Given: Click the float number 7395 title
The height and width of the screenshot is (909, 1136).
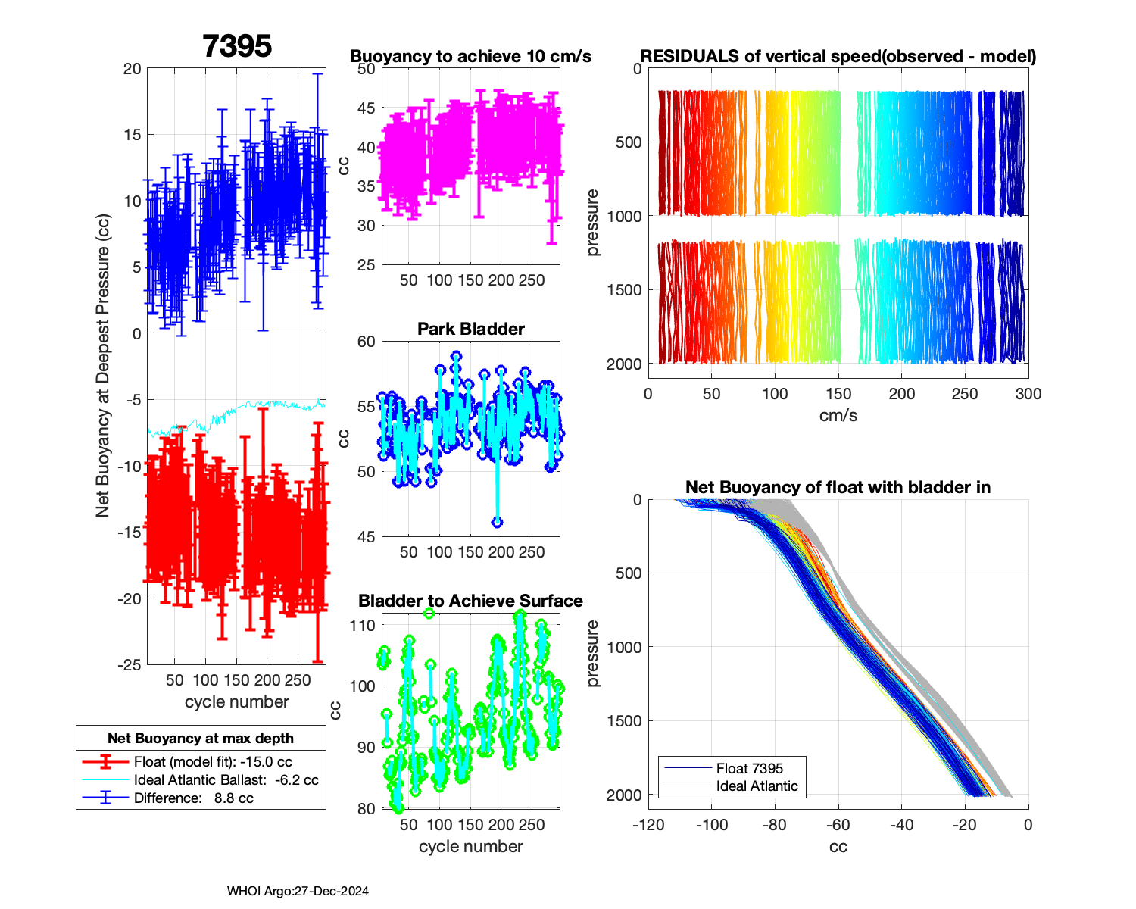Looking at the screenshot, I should (x=237, y=46).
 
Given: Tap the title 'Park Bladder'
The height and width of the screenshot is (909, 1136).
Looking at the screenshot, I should (x=471, y=329).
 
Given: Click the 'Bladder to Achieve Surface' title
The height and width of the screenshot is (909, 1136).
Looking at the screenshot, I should (x=470, y=601).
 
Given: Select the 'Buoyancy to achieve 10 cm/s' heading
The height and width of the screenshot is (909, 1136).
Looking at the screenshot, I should (x=470, y=56).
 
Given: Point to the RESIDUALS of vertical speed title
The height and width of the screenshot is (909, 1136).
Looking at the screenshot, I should (x=838, y=56).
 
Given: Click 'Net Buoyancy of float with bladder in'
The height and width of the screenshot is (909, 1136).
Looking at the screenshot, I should (x=838, y=487).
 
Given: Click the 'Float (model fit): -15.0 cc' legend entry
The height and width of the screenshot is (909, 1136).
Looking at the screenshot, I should (x=213, y=762).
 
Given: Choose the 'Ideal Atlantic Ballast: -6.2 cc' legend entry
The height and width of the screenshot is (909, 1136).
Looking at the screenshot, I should (x=226, y=780).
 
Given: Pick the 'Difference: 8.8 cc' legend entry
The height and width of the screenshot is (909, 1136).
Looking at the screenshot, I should (x=193, y=798).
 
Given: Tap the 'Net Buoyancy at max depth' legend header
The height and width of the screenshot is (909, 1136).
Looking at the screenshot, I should (x=201, y=739).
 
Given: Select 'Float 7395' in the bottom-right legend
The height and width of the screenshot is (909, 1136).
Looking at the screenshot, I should (x=749, y=768).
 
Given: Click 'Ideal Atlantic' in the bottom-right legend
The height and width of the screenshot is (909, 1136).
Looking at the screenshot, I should (x=757, y=786).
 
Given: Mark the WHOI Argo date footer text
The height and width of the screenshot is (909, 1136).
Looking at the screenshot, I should (x=298, y=892).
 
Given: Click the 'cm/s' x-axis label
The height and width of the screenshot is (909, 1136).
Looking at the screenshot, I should (x=838, y=415).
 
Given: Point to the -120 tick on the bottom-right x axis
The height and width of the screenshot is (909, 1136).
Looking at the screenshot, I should (x=649, y=825).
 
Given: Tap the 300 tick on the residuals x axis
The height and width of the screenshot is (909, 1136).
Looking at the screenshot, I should (x=1028, y=394).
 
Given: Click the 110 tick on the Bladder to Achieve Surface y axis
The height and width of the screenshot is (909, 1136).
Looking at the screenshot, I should (x=363, y=626).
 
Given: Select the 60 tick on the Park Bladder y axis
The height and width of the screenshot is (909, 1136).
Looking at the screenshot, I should (x=366, y=342).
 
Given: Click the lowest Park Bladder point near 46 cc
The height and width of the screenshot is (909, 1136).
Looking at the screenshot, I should (x=497, y=522).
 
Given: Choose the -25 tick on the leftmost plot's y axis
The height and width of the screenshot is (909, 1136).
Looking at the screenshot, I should (x=130, y=665).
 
